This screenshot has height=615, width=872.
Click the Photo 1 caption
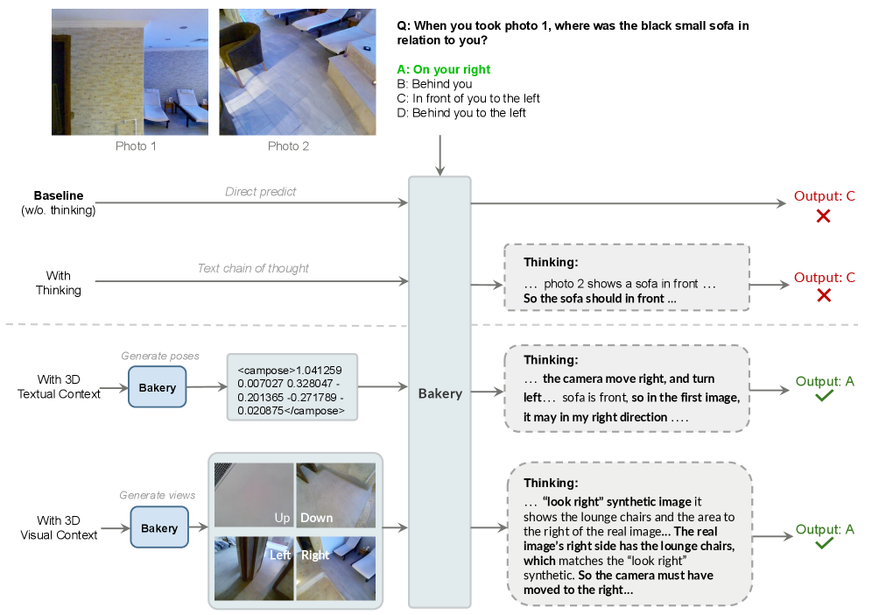coord(136,146)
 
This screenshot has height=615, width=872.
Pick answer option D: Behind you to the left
coord(468,113)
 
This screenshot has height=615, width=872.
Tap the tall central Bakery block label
coord(440,393)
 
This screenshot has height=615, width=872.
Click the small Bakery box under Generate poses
coord(158,387)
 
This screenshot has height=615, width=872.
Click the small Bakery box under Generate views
coord(158,528)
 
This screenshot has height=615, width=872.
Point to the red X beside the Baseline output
coord(823,216)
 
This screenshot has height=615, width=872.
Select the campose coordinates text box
coord(292,386)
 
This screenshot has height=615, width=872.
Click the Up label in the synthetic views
coord(282,518)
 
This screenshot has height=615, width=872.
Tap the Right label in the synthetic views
coord(315,555)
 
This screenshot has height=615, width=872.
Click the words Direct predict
coord(260,192)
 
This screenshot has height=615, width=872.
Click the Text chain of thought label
coord(253,268)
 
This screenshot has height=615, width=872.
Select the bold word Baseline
coord(59,194)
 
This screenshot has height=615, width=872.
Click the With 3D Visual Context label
coord(59,528)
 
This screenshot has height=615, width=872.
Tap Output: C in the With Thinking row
coord(824,278)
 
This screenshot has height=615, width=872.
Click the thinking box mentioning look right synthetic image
coord(629,536)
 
